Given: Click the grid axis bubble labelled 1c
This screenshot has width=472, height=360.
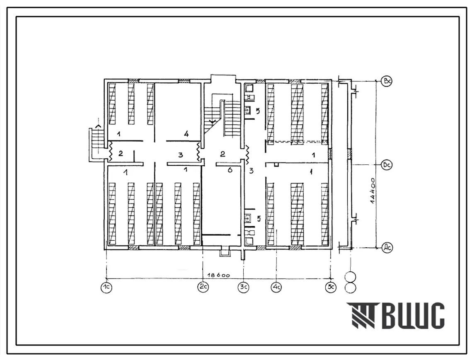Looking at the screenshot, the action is (x=106, y=288).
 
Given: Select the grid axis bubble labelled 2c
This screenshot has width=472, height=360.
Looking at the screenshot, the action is (x=203, y=287).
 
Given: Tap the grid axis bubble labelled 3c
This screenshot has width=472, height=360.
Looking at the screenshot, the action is (x=244, y=287).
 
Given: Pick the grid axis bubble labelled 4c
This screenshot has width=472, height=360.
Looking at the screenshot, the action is (x=276, y=288).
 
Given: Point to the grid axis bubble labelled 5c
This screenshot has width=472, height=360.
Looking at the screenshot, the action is (x=331, y=288).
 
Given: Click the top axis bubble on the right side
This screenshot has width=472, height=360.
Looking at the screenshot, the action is (x=387, y=81).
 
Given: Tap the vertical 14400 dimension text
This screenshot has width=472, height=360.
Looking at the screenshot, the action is (x=373, y=192).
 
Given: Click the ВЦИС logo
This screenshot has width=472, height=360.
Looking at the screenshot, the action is (x=395, y=315).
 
